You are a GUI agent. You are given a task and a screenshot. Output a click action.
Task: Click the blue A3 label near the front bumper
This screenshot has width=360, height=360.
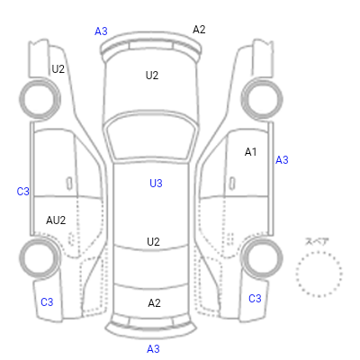[x=101, y=31]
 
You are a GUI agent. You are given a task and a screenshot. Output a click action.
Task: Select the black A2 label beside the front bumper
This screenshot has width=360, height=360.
[x=199, y=30]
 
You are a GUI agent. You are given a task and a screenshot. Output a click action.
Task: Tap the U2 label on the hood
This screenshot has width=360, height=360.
[x=152, y=76]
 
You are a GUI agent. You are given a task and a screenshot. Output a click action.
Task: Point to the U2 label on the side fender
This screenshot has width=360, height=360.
[x=58, y=69]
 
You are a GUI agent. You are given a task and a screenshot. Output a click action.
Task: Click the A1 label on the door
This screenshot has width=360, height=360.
[x=251, y=152]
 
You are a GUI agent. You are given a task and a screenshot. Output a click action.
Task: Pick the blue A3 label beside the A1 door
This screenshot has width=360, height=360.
[x=282, y=160]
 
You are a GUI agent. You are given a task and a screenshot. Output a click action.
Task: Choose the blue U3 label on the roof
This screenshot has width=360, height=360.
[x=156, y=184]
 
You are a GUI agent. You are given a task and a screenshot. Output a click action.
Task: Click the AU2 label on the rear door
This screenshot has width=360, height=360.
[x=56, y=220]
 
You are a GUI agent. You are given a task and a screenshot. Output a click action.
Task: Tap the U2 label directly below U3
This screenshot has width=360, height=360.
[x=153, y=242]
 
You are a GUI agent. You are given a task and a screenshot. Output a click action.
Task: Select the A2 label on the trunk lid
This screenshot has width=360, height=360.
[x=154, y=303]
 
